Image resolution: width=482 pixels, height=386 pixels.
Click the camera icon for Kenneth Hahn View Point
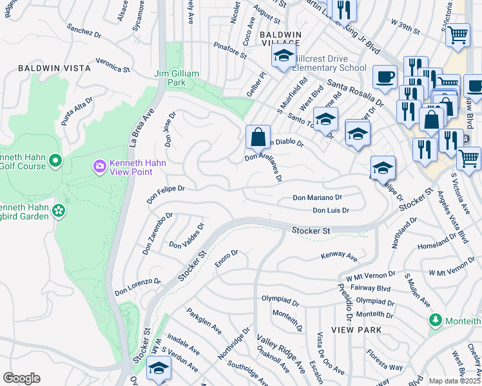click(x=99, y=167)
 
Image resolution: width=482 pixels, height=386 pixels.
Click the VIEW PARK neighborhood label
click(x=356, y=329)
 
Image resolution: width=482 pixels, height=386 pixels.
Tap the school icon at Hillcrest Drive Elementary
click(x=283, y=56)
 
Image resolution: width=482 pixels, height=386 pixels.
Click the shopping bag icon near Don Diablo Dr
click(x=258, y=137)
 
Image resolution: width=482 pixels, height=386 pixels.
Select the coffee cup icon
click(x=385, y=77)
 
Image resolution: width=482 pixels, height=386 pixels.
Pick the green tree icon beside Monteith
click(x=436, y=320)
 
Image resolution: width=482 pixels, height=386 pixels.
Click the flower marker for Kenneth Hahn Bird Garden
click(x=58, y=210)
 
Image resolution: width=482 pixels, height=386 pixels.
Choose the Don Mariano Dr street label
click(x=317, y=198)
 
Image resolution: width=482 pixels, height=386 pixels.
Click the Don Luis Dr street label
click(x=331, y=210)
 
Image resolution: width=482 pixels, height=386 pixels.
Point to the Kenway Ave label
click(x=339, y=257)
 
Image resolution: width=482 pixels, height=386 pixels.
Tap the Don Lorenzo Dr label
click(x=137, y=287)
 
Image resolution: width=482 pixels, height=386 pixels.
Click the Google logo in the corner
click(x=21, y=378)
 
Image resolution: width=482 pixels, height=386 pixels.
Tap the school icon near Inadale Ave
click(x=158, y=368)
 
